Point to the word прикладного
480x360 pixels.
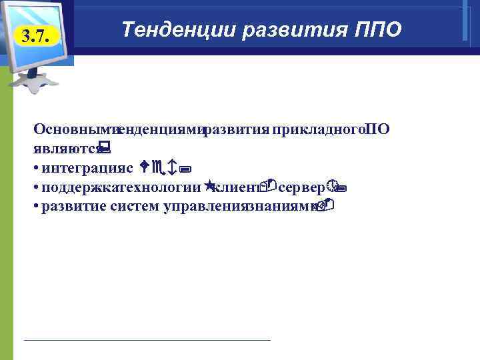(x=319, y=129)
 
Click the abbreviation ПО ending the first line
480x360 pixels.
(x=378, y=129)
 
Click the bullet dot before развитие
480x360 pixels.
(x=35, y=207)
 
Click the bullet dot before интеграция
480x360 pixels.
(x=35, y=165)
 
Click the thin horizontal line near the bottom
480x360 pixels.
(x=147, y=340)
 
